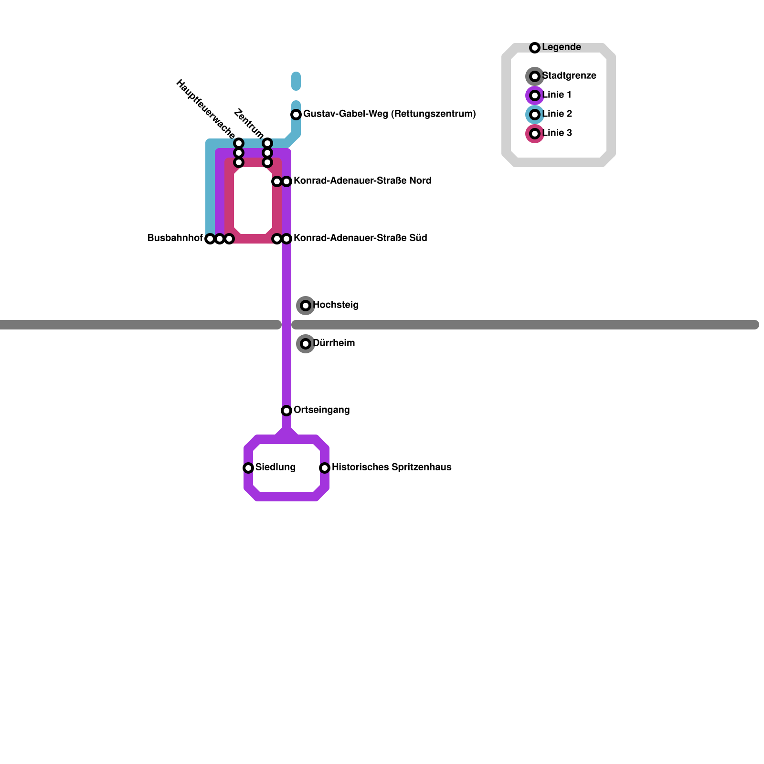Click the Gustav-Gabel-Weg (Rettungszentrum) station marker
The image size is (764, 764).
coord(296,115)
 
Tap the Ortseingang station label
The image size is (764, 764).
coord(321,410)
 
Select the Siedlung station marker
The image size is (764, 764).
coord(248,468)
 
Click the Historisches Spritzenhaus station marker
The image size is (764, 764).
coord(325,468)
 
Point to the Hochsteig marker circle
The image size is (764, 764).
coord(306,306)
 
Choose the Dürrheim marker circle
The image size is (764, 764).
coord(306,344)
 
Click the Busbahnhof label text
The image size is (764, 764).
coord(175,238)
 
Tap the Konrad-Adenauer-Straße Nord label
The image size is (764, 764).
coord(362,181)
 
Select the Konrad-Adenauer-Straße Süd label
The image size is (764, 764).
coord(360,238)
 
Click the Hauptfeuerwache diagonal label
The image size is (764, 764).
coord(205,109)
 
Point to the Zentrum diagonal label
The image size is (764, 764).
coord(249,124)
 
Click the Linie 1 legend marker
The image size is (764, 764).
coord(535,95)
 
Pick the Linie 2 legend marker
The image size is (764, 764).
coord(535,115)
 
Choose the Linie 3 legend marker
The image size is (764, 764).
coord(535,134)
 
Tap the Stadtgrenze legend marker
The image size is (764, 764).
coord(535,76)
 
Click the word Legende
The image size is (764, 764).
coord(562,47)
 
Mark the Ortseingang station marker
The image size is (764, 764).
coord(286,411)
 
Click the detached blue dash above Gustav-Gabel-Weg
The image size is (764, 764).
coord(296,81)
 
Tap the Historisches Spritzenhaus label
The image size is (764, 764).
coord(392,467)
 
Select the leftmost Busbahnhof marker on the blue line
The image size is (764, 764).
coord(210,239)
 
